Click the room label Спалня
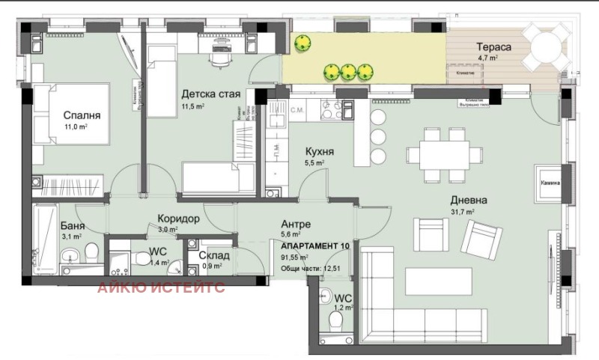82,116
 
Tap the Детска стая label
210,94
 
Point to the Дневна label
469,200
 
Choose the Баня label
73,225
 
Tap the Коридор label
177,219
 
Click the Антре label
296,224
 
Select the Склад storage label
213,255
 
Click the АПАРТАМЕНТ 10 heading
315,246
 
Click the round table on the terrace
547,49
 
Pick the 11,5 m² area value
193,107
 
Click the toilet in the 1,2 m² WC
336,322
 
